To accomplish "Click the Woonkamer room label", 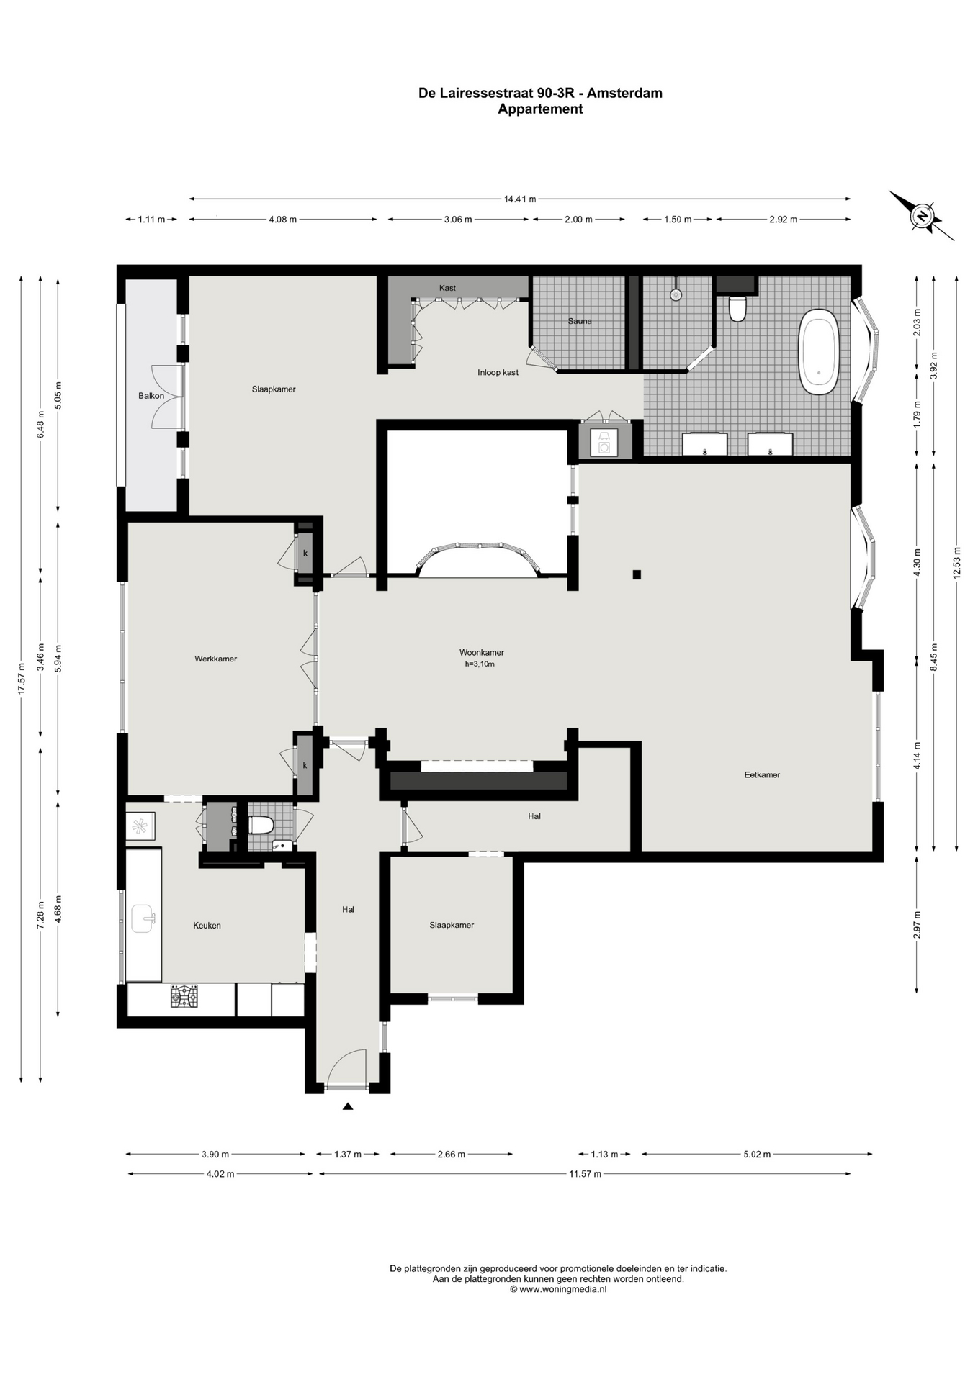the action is click(x=481, y=652).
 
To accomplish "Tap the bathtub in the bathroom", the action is click(x=818, y=351).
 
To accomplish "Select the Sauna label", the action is click(x=580, y=321).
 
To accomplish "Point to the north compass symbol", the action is click(x=921, y=215).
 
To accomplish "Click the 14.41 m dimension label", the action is click(x=520, y=199).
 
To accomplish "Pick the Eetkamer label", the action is click(x=762, y=775).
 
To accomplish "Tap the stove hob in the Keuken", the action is click(x=184, y=996).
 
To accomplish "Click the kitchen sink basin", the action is click(x=143, y=918).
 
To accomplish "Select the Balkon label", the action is click(x=151, y=396).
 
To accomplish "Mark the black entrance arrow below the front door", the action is click(x=348, y=1106).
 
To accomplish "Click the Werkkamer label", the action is click(x=215, y=659).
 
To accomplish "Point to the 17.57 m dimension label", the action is click(x=22, y=678).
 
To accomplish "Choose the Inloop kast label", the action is click(x=498, y=372).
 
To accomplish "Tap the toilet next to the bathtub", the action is click(x=737, y=308).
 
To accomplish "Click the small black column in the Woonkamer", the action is click(x=637, y=574).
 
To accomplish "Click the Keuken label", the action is click(x=207, y=926).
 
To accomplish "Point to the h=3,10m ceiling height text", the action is click(x=480, y=664).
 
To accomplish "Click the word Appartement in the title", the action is click(x=540, y=109).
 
